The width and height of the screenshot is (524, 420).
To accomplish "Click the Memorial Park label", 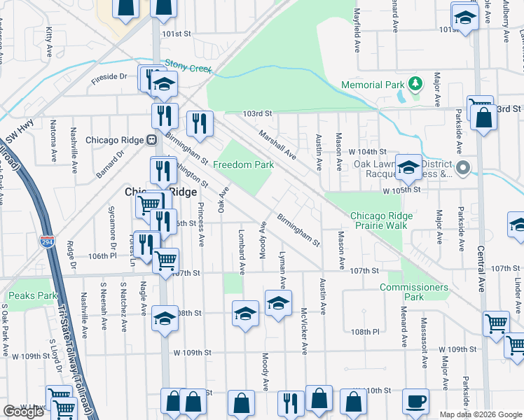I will (373, 85).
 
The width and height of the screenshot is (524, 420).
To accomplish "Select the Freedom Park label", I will (243, 164).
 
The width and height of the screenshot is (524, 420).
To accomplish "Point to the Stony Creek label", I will (188, 65).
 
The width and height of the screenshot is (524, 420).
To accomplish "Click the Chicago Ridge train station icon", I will (151, 140).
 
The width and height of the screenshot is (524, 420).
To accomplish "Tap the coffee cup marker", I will (415, 402).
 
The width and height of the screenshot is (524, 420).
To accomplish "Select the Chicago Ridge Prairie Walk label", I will (378, 220).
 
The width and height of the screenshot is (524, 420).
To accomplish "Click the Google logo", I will (23, 412).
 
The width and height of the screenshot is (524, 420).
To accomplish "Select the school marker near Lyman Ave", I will (278, 304).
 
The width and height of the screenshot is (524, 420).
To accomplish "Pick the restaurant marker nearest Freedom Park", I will (200, 124).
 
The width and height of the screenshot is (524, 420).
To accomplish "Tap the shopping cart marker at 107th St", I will (165, 260).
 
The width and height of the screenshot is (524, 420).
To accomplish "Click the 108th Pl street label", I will (365, 331).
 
